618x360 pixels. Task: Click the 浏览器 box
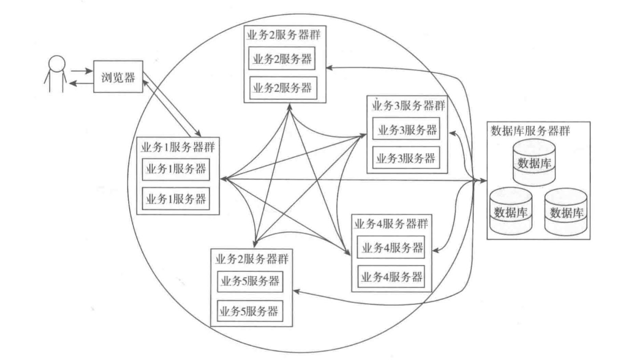pyautogui.click(x=118, y=77)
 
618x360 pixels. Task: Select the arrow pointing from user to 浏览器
pyautogui.click(x=81, y=70)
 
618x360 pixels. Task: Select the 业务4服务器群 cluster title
pyautogui.click(x=392, y=222)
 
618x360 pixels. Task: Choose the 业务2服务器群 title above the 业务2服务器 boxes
pyautogui.click(x=283, y=34)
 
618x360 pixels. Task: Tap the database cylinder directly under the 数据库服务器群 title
pyautogui.click(x=534, y=162)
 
